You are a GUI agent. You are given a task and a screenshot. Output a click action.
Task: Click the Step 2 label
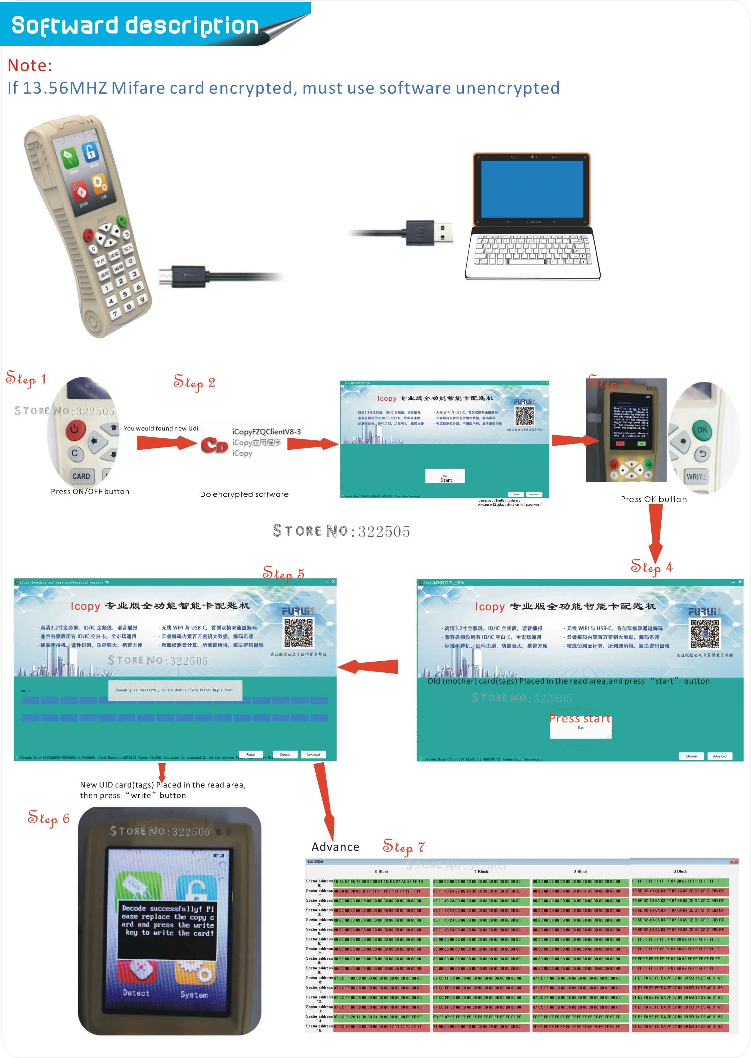[194, 383]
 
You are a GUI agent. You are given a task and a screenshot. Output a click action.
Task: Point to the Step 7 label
[403, 847]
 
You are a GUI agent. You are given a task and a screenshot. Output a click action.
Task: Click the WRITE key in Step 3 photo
[696, 477]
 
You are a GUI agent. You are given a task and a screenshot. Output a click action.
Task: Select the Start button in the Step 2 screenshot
[445, 477]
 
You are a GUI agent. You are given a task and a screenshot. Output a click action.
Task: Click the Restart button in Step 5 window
[251, 754]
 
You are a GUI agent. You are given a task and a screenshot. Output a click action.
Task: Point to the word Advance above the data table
[335, 847]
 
